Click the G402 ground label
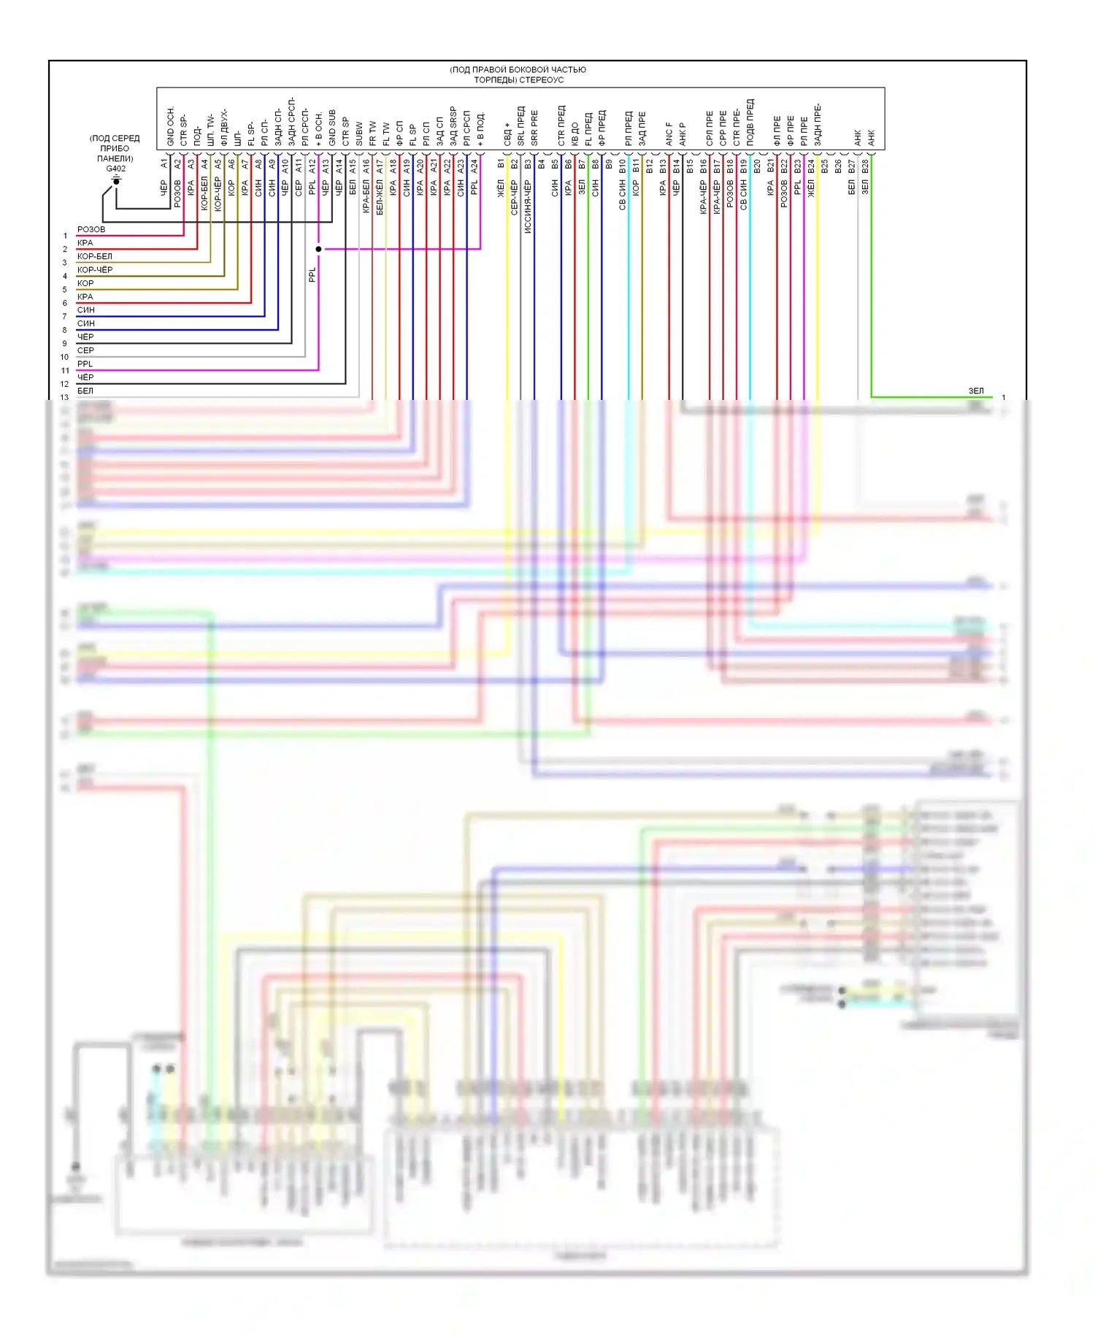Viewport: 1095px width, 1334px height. [115, 169]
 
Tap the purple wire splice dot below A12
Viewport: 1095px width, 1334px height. [318, 249]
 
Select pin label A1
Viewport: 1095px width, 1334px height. [164, 164]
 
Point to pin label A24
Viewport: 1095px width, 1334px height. [474, 166]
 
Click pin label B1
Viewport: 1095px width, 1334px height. [501, 164]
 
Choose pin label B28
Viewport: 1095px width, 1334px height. [865, 166]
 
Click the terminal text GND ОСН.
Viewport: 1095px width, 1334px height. [171, 126]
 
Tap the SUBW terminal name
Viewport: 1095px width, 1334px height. [359, 134]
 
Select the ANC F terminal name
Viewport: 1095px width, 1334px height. [669, 134]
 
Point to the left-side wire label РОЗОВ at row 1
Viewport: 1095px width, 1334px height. [91, 229]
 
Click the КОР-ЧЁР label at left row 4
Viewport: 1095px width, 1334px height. [95, 269]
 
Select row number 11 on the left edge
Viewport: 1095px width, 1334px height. [65, 371]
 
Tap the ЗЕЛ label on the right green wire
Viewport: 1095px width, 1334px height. [976, 391]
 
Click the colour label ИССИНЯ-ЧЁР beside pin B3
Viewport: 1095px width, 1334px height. [528, 207]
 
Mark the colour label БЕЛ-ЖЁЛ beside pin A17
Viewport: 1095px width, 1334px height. [380, 197]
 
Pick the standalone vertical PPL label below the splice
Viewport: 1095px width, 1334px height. [312, 274]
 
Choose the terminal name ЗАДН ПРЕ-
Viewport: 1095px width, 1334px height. [818, 125]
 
